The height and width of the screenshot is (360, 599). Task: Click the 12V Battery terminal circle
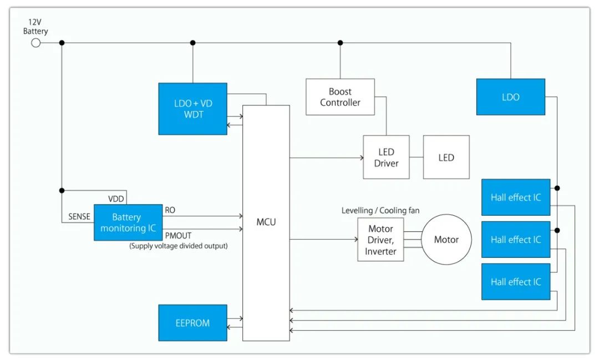coord(35,43)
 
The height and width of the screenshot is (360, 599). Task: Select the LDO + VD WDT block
coord(192,109)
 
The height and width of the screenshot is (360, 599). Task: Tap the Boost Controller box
coord(340,97)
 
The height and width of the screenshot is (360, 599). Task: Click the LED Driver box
coord(386,157)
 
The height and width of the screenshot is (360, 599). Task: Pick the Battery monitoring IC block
coord(128,222)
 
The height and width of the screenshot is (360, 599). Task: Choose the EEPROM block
coord(192,322)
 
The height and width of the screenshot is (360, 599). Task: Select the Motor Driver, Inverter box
coord(380,240)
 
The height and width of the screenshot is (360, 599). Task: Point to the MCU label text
coord(266,222)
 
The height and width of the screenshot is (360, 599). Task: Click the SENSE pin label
coord(79,217)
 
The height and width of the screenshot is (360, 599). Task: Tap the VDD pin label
coord(116,199)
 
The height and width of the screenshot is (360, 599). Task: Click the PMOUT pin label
coord(178,235)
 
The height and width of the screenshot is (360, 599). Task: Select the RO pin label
coord(170,210)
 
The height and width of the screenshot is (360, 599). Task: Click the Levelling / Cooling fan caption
coord(380,210)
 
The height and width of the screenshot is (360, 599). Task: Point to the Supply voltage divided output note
coord(179,246)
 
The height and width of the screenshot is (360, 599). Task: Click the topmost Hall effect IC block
coord(516,197)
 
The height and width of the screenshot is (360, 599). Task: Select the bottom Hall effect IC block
coord(516,282)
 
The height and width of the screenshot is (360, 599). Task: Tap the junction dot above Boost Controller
coord(340,43)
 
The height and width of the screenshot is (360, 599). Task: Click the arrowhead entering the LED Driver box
coord(362,158)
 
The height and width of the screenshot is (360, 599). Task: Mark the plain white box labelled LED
coord(446,157)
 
